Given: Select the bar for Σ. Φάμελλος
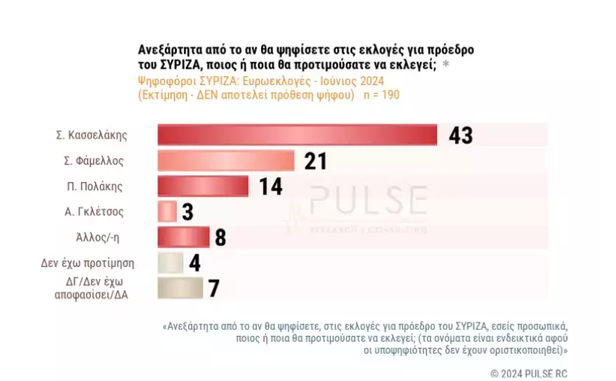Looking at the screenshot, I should coord(226,161).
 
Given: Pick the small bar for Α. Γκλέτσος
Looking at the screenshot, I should coord(167,212).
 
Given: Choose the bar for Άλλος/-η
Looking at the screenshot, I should coord(183,237).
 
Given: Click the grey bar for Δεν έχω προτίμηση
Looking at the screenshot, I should coord(170,263).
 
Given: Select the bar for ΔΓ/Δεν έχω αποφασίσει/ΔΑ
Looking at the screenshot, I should coord(180,288).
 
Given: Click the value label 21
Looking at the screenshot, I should coord(315,161).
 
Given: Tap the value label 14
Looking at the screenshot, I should coord(271,186).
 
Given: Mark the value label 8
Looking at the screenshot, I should coord(220,237).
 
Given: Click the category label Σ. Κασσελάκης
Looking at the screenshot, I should coord(92,135).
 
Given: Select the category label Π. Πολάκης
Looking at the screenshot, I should coord(95,186).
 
